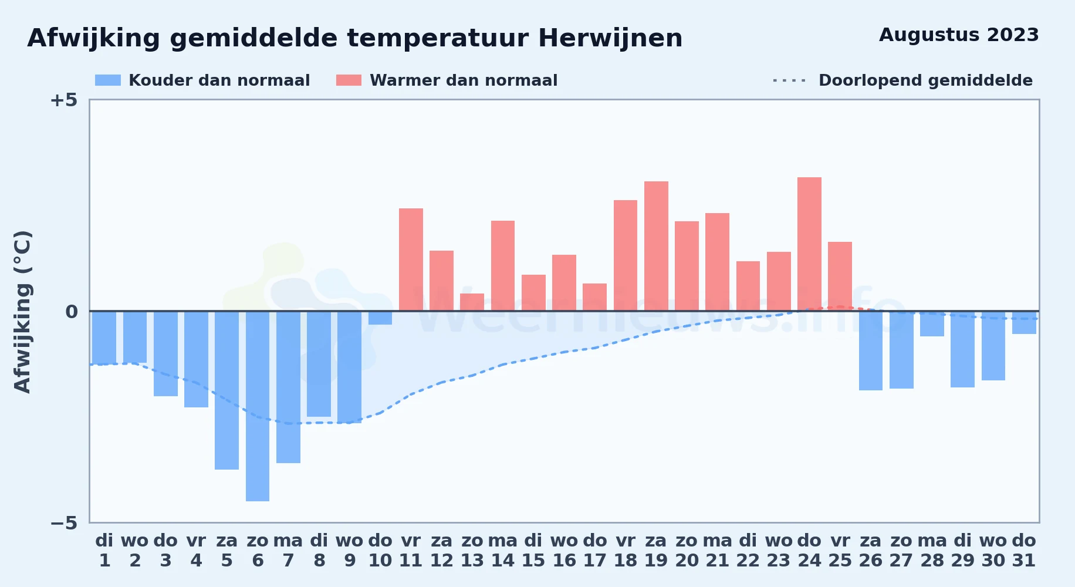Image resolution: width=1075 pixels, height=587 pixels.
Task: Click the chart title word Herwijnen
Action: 610,39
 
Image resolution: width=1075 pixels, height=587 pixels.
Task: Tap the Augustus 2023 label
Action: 959,35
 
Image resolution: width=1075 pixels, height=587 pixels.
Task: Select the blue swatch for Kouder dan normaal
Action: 108,80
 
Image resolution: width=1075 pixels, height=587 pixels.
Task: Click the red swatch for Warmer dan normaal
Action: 349,80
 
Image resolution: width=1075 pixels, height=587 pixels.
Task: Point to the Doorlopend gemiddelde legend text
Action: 925,80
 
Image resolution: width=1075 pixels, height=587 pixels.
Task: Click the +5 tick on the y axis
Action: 63,100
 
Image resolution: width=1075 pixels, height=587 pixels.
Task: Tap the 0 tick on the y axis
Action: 71,312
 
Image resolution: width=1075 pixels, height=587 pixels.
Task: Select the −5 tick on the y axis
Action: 63,523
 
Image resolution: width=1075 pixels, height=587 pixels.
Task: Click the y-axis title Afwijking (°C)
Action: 23,312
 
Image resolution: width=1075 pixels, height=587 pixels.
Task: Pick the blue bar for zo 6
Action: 258,406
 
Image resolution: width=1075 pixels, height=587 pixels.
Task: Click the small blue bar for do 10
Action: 380,318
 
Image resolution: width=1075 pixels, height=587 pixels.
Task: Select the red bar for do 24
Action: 809,244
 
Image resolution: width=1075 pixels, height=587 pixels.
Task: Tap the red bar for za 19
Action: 656,246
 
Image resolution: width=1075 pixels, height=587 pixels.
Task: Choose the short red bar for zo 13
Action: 472,302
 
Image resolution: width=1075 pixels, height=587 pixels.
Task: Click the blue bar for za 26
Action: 871,351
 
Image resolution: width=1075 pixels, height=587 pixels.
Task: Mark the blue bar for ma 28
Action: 932,324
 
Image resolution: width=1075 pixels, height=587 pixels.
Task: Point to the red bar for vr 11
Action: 411,259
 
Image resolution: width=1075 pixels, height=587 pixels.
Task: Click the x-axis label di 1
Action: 104,551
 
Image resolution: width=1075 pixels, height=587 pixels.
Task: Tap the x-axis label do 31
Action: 1024,551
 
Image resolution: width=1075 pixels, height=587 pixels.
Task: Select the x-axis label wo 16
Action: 564,551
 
